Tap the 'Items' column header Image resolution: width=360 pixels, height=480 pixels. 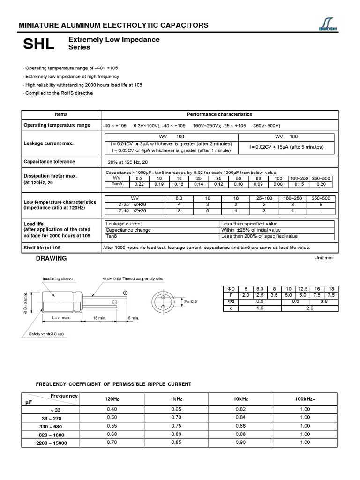tap(61, 114)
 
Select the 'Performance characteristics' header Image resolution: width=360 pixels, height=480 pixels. tap(219, 114)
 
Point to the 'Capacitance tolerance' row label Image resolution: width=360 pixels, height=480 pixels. tap(49, 162)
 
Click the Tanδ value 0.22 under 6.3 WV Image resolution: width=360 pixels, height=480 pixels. tap(139, 184)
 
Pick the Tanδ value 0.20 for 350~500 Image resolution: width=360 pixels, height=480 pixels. tap(324, 184)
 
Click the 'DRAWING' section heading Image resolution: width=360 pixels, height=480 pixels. tap(55, 258)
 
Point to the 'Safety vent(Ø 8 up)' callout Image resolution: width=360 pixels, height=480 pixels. tap(44, 334)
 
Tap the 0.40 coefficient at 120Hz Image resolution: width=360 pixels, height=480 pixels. tap(112, 409)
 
